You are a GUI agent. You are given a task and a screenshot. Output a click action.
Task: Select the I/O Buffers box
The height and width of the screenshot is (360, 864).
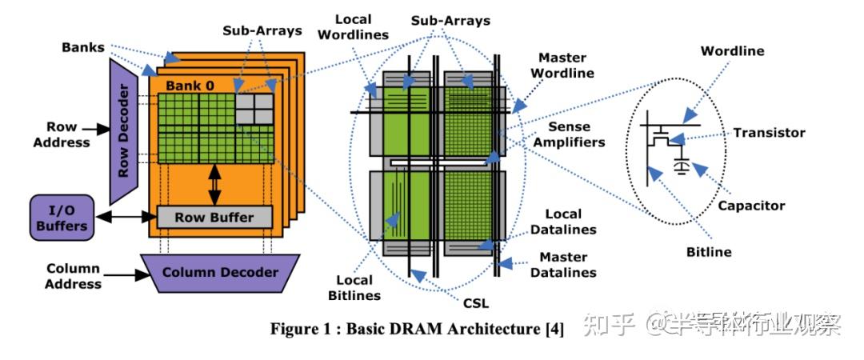pos(61,218)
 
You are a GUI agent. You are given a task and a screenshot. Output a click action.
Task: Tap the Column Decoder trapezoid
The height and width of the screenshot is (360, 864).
pos(219,272)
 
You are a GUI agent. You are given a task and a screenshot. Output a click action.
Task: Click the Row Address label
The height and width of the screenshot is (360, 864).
pos(67,134)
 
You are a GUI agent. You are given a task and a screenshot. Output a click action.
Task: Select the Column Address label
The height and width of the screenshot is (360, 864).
pos(73,276)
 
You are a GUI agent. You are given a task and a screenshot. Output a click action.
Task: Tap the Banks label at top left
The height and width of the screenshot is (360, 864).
pos(83,46)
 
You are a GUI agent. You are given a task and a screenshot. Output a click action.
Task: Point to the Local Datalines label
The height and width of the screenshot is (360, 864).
pos(570,222)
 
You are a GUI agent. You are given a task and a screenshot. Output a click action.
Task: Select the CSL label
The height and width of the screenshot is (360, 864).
pos(475,303)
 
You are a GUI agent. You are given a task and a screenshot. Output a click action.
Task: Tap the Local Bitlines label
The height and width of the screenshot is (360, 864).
pos(354,287)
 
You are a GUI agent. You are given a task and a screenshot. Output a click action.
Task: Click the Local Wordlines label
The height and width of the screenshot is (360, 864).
pos(362,26)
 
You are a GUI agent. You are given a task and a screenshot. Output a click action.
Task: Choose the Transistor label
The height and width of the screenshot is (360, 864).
pos(768,133)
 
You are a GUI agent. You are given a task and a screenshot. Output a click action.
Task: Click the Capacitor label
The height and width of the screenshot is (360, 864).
pos(750,206)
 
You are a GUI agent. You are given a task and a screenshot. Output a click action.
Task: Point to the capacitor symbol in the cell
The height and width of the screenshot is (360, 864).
pos(682,166)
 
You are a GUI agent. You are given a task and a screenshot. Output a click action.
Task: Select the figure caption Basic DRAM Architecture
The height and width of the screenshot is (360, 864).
pos(417,329)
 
